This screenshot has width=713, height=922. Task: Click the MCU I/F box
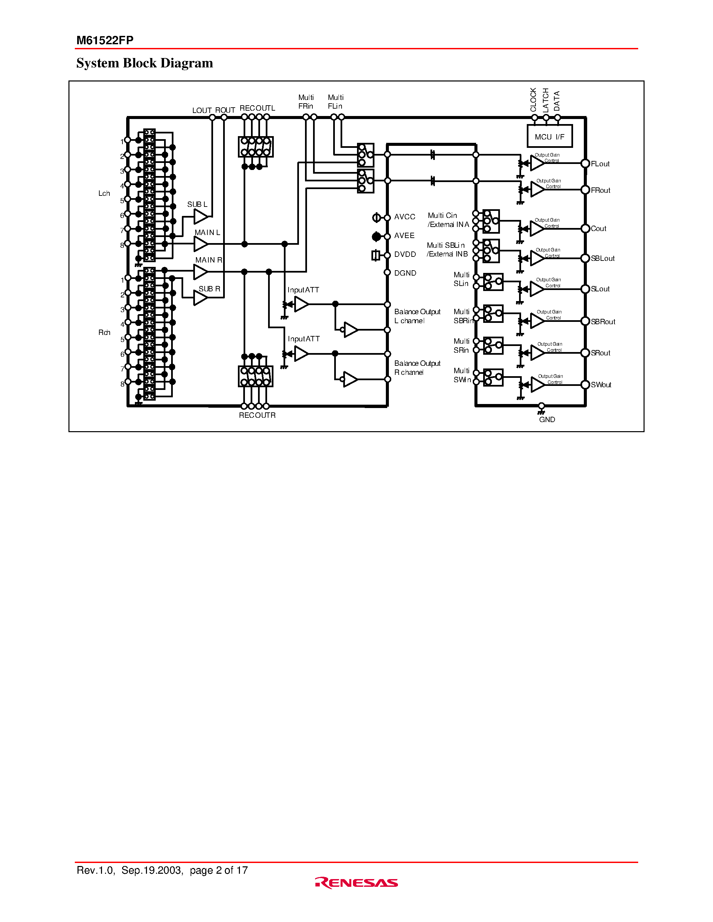point(550,136)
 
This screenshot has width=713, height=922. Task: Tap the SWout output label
point(601,385)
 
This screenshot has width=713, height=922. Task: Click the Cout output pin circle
point(585,228)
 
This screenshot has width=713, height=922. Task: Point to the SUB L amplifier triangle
point(200,217)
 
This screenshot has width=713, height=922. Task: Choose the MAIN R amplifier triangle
point(200,272)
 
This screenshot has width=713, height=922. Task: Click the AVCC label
point(404,217)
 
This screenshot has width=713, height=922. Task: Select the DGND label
point(405,273)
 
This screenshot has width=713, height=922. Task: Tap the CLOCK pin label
point(533,100)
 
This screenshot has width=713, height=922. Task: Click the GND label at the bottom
point(547,420)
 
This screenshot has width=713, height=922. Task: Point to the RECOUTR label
point(257,415)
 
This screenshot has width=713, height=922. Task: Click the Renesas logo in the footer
point(356,883)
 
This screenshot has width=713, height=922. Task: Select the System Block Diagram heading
point(145,63)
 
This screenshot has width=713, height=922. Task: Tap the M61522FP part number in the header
point(105,40)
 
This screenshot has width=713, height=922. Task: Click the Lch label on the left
point(104,193)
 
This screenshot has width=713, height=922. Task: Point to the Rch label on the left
point(104,333)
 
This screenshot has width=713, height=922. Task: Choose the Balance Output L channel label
point(417,316)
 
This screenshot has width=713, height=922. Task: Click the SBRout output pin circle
point(585,321)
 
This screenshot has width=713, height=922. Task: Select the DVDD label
point(405,254)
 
